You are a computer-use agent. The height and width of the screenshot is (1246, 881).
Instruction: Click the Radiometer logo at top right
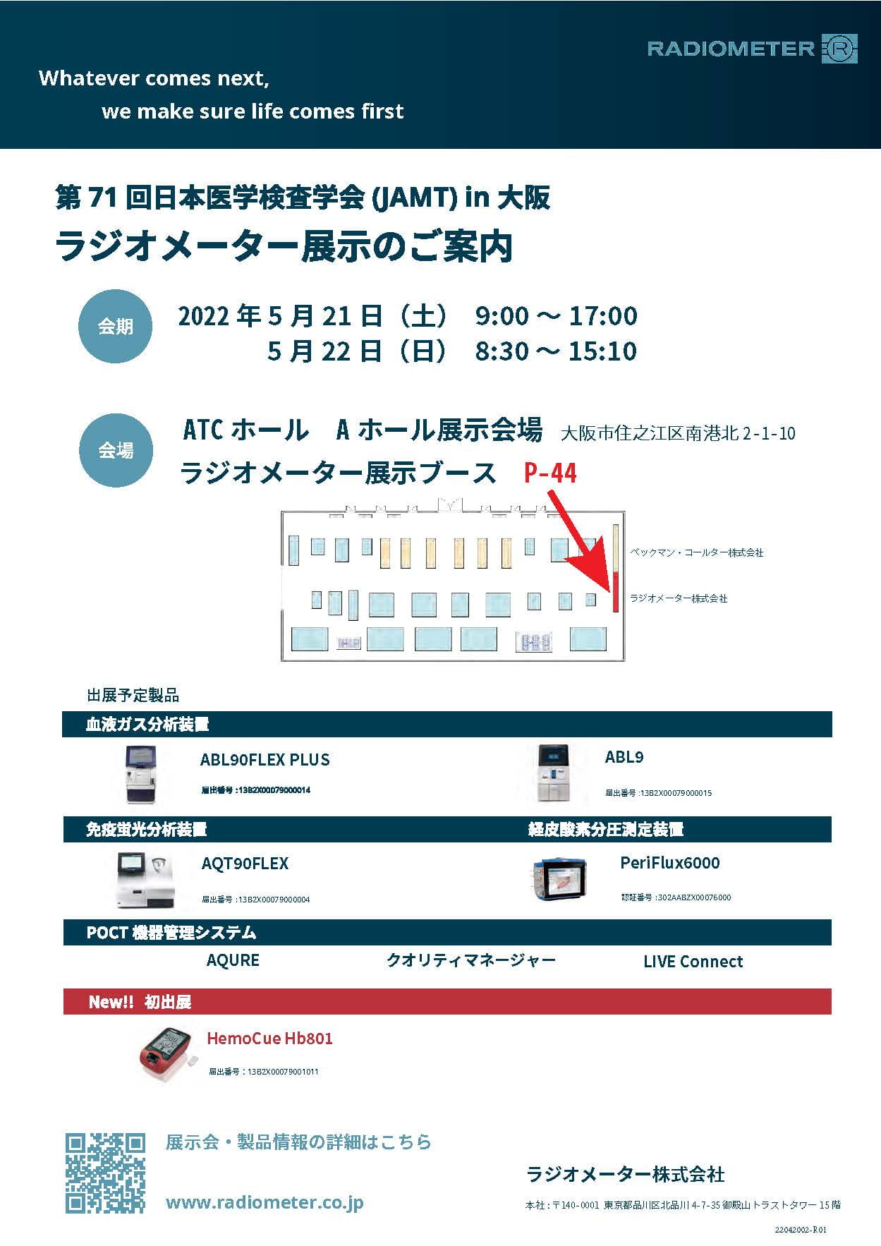pos(752,49)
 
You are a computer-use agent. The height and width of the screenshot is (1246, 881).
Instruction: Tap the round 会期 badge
pos(115,327)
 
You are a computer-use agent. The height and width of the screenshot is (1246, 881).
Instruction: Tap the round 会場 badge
pos(115,450)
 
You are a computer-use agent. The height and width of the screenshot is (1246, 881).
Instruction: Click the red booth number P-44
pos(550,473)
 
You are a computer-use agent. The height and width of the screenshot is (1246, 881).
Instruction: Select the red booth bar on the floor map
pos(615,591)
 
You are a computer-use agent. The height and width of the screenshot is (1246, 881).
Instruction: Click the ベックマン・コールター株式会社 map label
pos(696,552)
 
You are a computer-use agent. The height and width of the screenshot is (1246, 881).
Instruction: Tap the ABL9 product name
pos(624,757)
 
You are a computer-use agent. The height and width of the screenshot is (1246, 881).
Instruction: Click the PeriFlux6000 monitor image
pos(557,878)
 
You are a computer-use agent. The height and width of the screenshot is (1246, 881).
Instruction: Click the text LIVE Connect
pos(693,961)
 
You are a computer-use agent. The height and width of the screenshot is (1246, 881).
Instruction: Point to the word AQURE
pos(233,960)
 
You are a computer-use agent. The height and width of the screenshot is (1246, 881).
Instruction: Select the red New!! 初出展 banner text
pos(140,1002)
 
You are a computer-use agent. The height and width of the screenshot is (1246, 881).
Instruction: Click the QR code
pos(105,1173)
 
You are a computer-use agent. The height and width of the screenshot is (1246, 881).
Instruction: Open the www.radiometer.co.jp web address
pos(265,1202)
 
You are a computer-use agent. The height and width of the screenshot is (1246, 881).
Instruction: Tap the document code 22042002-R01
pos(800,1230)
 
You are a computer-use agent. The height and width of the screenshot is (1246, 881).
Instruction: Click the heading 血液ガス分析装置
pos(147,724)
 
